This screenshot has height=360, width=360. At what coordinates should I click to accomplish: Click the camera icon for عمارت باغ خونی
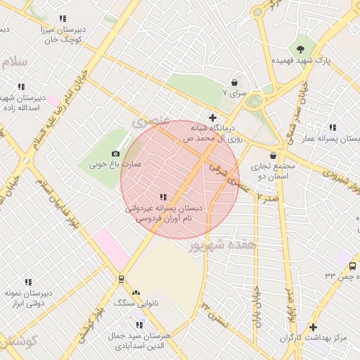pos(116,153)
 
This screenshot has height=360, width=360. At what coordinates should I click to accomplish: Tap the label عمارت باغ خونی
pos(115,165)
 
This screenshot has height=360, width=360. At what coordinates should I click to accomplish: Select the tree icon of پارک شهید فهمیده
pos(301,49)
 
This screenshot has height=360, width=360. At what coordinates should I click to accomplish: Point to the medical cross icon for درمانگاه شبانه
pos(212,117)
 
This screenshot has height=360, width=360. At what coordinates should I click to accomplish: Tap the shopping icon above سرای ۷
pos(234,82)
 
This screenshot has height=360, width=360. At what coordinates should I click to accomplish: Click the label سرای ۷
pos(234,93)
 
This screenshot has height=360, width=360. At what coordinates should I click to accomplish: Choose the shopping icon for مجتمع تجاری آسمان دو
pos(274,156)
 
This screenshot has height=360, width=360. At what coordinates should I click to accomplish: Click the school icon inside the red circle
pos(163,198)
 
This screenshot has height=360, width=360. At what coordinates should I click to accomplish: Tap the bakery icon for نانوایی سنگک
pos(136,292)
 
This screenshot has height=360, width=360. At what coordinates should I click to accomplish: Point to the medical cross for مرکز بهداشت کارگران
pos(314,327)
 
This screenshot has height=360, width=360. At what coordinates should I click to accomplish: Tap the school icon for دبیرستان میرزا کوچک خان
pos(63,18)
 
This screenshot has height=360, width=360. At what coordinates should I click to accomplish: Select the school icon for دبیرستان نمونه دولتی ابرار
pos(28,282)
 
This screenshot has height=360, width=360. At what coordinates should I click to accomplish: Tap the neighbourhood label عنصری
pos(151,120)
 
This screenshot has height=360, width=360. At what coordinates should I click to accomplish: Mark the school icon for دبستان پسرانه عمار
pos(333,127)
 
